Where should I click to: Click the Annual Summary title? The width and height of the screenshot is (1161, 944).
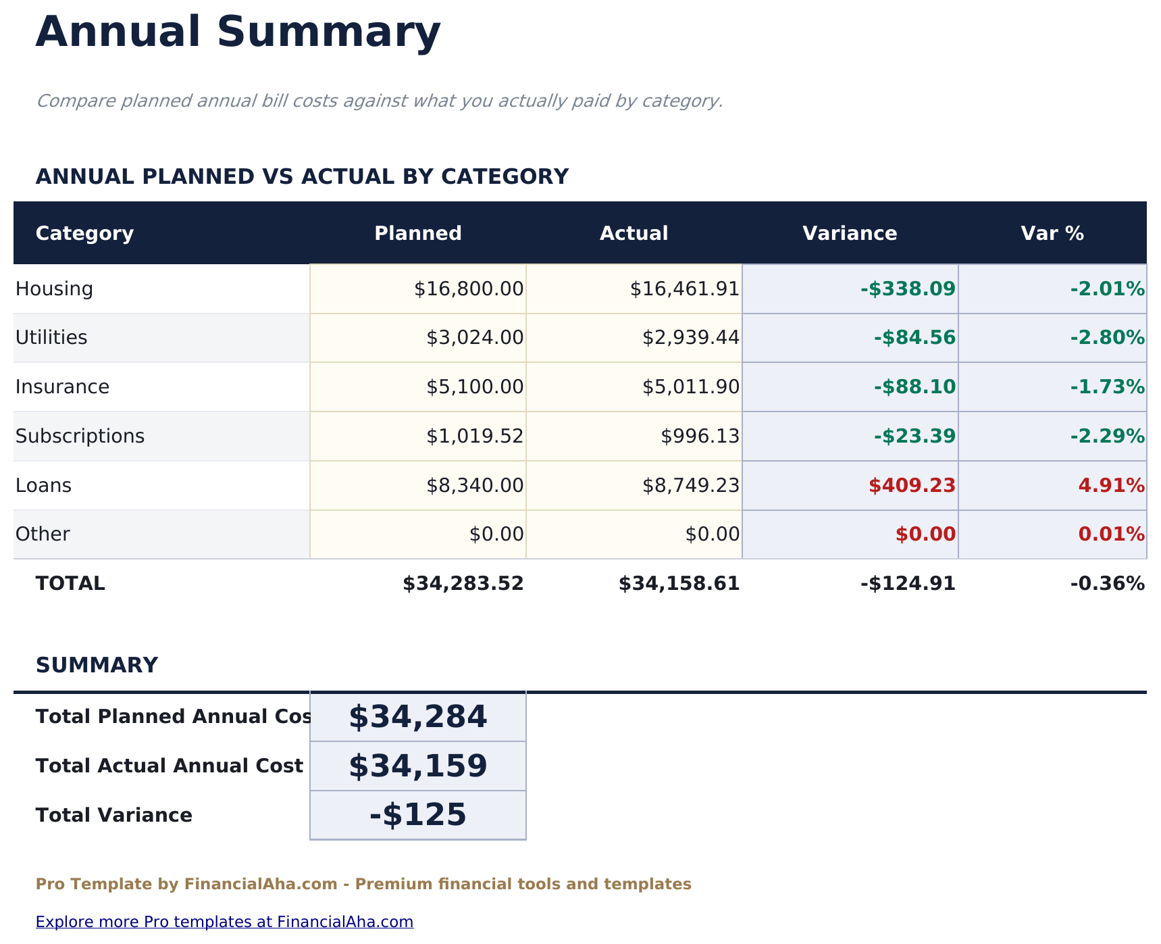pos(238,32)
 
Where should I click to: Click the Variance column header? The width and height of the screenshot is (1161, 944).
pos(850,234)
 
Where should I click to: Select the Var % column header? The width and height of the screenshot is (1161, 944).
pos(1052,234)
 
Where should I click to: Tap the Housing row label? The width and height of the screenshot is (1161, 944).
pos(54,289)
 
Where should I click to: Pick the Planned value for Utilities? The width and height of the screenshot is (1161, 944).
pos(475,338)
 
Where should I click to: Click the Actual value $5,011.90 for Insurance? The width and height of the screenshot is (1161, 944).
pos(690,387)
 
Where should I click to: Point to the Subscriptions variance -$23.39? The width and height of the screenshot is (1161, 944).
pos(914,437)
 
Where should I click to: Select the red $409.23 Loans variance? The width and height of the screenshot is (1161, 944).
pos(912,486)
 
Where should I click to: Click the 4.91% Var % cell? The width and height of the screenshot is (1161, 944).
pos(1111,486)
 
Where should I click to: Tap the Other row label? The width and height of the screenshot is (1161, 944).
pos(43,535)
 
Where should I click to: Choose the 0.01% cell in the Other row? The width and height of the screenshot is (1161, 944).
pos(1111,535)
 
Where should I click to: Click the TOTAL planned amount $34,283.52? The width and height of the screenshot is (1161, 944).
pos(463,584)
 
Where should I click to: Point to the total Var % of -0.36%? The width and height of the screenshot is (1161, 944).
pos(1107,584)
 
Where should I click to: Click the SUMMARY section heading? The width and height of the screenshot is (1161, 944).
pos(97,666)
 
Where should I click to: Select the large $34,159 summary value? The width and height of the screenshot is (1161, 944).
pos(417,766)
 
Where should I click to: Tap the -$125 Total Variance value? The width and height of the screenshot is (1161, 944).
pos(417,815)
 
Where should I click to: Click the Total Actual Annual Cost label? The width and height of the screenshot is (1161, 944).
pos(169,766)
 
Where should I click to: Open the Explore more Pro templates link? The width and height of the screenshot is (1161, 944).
pos(224,922)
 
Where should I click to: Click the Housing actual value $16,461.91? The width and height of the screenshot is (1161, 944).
pos(684,289)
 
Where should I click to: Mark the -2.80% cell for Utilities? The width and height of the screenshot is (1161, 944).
pos(1107,338)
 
